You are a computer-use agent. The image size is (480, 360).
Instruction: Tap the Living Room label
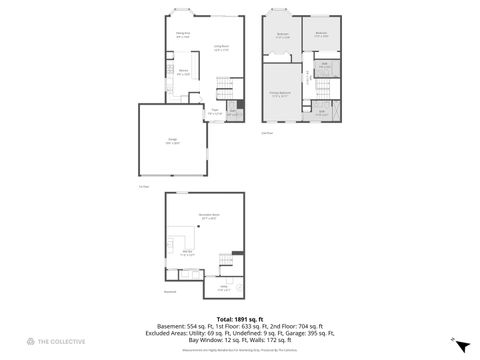[221, 47]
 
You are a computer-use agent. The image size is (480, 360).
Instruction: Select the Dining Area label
[184, 35]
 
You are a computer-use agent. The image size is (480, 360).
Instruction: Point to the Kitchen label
[184, 72]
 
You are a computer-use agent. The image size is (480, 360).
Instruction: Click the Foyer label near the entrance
[214, 111]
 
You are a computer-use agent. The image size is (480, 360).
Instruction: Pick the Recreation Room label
[208, 217]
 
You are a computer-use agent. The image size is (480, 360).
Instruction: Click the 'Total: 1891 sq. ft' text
[240, 319]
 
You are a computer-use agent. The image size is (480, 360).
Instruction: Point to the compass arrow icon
[461, 346]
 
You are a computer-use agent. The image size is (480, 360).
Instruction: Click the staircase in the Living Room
[218, 85]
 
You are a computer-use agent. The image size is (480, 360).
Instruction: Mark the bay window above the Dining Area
[183, 14]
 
